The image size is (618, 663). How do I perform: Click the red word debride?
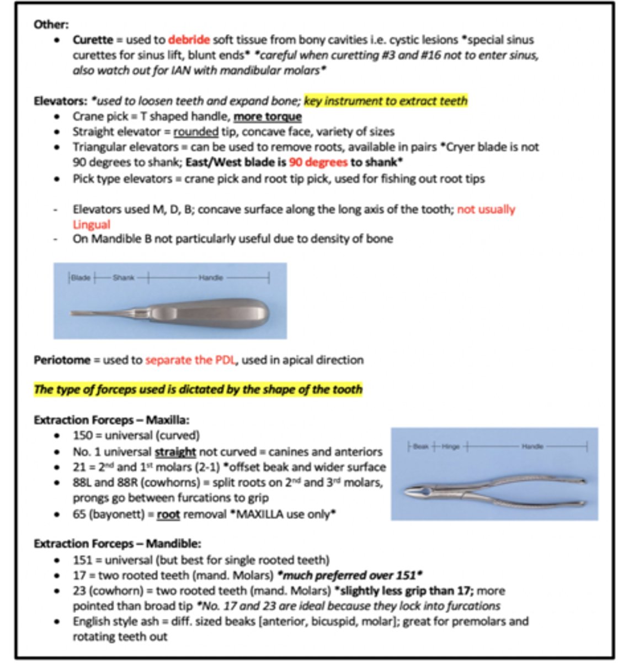click(189, 40)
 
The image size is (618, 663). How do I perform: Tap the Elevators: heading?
click(56, 101)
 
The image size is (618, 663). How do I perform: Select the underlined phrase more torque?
click(268, 117)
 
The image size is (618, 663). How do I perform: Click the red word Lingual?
click(92, 224)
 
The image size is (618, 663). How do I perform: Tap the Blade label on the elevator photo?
click(81, 277)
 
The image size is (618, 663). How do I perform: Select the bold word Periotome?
click(61, 360)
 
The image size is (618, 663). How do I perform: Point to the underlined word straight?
click(175, 451)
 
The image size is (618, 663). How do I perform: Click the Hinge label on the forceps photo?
click(450, 446)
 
